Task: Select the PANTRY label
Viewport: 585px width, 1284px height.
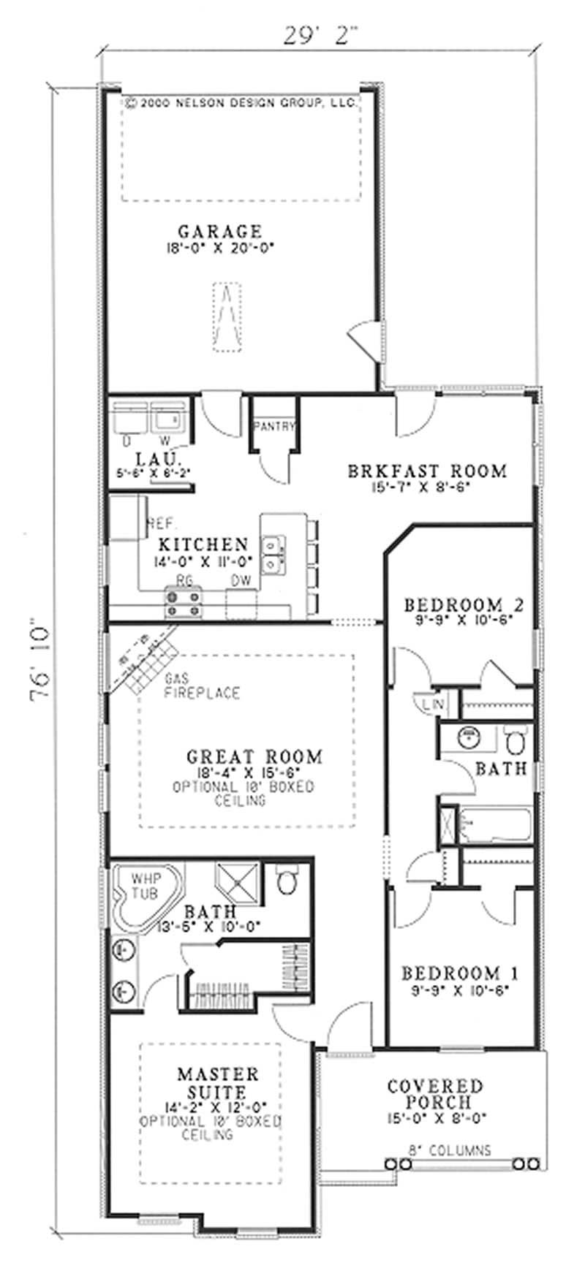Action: [x=273, y=426]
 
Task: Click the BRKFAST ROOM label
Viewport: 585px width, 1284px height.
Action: [x=427, y=471]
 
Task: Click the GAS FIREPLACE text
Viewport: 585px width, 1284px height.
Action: [x=202, y=686]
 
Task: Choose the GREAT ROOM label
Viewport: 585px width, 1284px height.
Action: [x=254, y=756]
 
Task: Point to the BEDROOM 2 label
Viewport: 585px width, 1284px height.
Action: [x=464, y=605]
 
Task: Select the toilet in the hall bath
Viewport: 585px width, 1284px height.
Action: [x=515, y=740]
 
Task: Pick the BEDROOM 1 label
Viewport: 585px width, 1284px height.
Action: [x=460, y=973]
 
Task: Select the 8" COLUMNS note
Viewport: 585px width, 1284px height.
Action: [x=448, y=1150]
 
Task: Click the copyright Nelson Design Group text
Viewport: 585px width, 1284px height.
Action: [x=240, y=104]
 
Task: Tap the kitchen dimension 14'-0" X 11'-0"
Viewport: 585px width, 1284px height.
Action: [x=203, y=563]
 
